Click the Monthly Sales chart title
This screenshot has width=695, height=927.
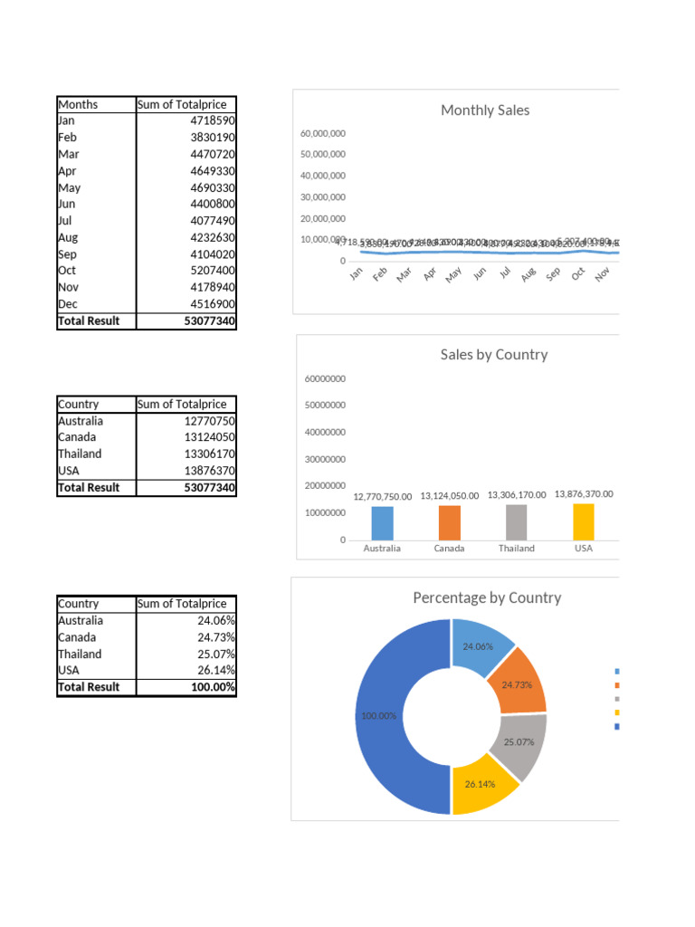(485, 110)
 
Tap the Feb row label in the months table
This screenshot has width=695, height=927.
(68, 138)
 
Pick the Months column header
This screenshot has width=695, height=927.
(78, 104)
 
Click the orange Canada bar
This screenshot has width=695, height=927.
(450, 521)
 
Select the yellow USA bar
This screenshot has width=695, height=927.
(584, 521)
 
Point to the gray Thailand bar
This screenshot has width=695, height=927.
(517, 521)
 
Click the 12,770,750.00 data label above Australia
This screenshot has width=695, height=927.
(383, 496)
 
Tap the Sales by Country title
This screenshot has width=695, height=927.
(493, 355)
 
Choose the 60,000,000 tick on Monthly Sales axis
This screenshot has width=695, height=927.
(323, 133)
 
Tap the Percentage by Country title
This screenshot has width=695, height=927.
(487, 598)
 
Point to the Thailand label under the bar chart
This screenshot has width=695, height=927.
(517, 549)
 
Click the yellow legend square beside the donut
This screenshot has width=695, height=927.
(617, 712)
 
